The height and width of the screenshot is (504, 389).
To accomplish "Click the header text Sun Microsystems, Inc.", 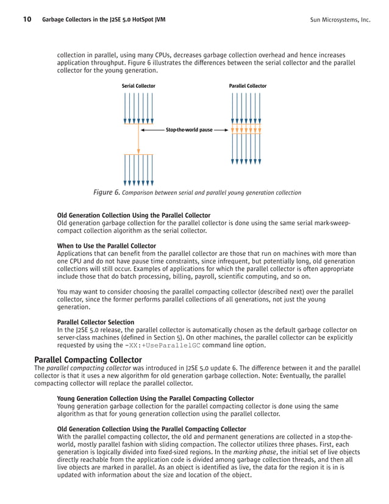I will (x=340, y=20).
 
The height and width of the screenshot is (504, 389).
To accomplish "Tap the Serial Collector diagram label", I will (x=138, y=86).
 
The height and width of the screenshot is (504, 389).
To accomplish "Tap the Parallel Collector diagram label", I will (x=248, y=86).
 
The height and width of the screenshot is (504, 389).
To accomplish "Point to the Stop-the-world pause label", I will (x=189, y=130).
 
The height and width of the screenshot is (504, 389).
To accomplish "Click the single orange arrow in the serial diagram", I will (x=139, y=141).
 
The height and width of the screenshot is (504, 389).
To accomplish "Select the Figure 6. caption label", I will (x=106, y=193).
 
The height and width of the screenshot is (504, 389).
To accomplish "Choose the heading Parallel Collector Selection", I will (x=96, y=322).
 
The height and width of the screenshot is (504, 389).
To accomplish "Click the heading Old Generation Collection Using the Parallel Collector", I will (x=134, y=215).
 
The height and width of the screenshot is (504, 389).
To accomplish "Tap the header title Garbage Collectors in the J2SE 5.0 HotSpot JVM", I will (x=104, y=20).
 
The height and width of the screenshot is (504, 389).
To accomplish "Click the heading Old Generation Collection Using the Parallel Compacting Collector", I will (x=151, y=429).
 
